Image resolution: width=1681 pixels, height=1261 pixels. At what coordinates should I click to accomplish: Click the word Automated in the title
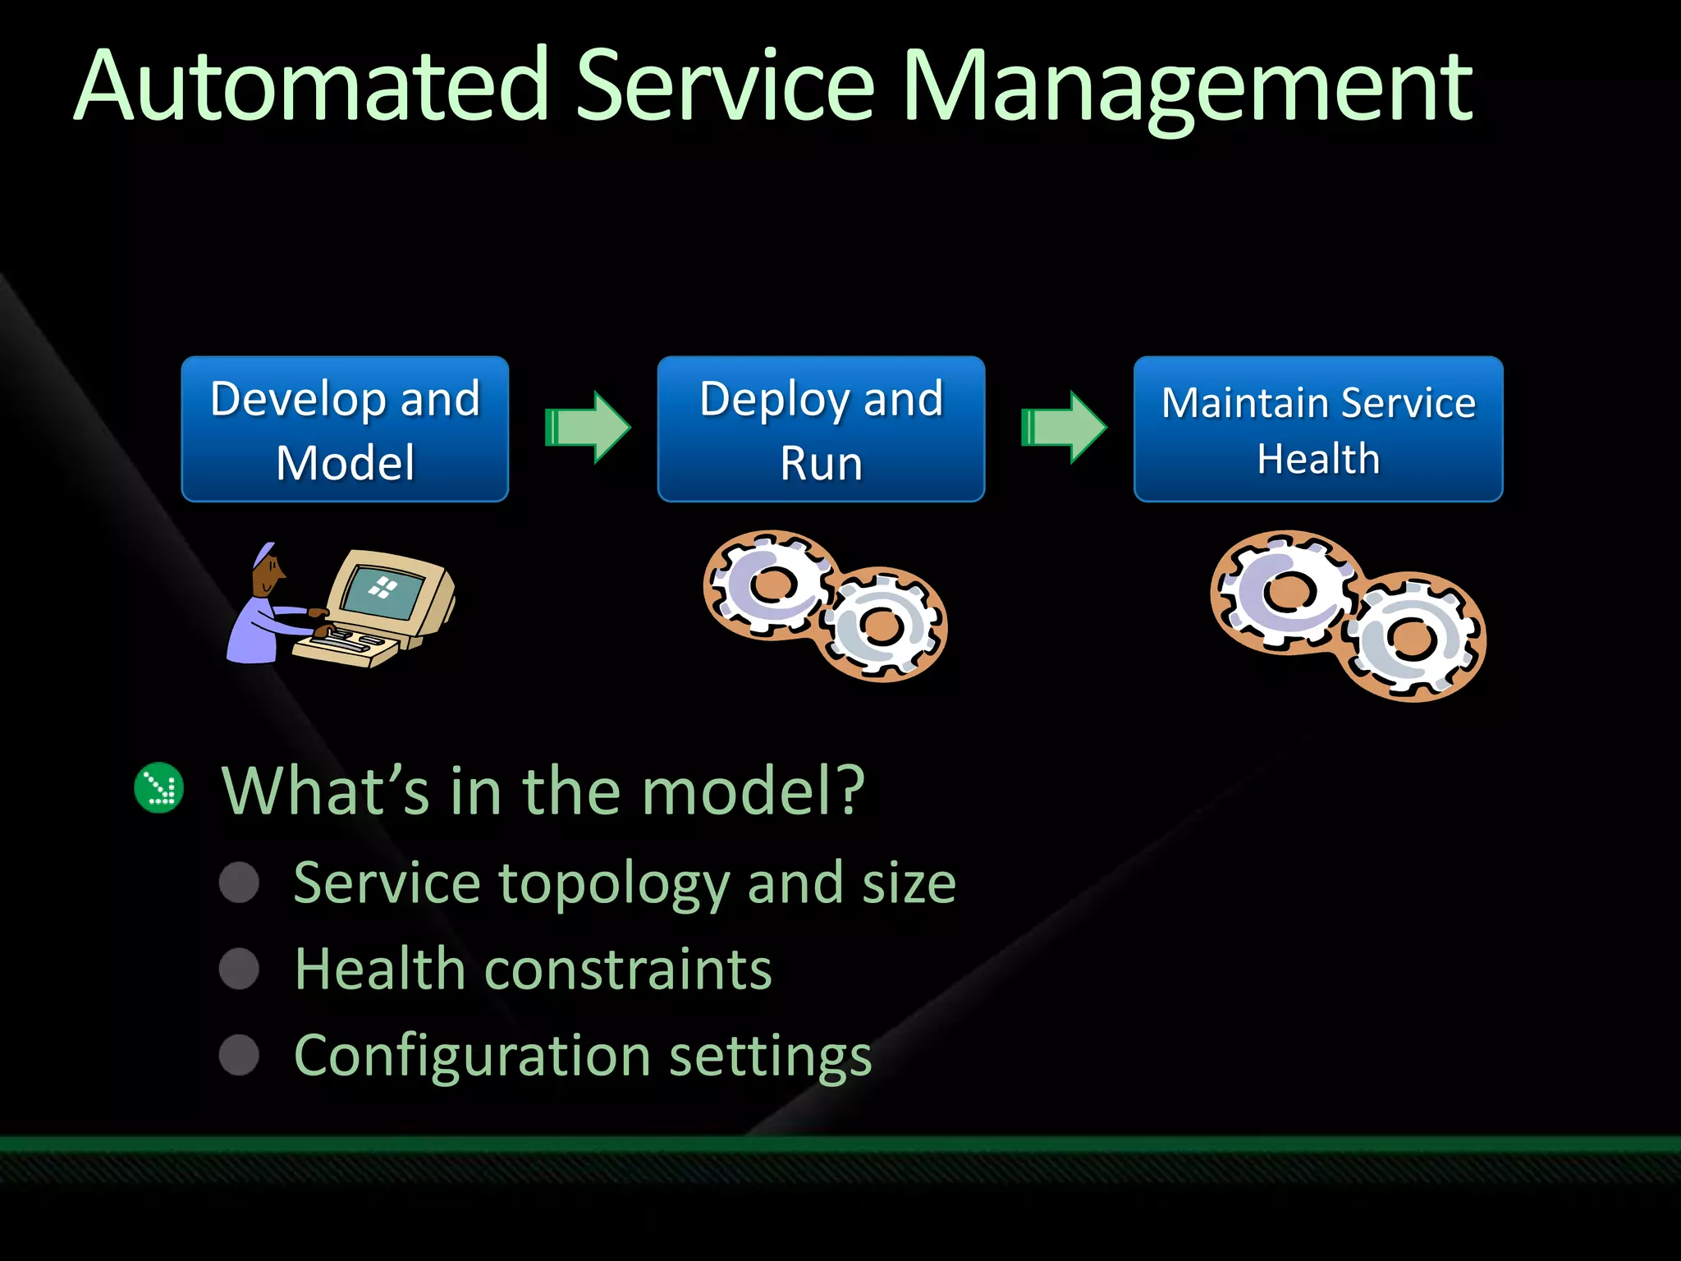pyautogui.click(x=312, y=86)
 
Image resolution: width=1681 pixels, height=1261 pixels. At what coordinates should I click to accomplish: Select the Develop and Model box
pyautogui.click(x=345, y=429)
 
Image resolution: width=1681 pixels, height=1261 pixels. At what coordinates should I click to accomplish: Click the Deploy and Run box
pyautogui.click(x=821, y=429)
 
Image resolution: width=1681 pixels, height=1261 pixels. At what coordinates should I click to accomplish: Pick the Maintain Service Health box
pyautogui.click(x=1318, y=429)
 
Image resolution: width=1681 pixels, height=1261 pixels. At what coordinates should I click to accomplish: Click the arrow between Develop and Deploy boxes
pyautogui.click(x=588, y=428)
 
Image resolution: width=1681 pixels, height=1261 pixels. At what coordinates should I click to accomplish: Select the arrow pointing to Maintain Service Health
pyautogui.click(x=1064, y=428)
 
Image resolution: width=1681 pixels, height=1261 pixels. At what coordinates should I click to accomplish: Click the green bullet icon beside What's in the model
pyautogui.click(x=158, y=788)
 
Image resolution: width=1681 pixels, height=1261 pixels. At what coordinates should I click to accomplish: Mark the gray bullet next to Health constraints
pyautogui.click(x=239, y=969)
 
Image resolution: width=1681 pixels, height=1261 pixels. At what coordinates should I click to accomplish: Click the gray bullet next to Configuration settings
pyautogui.click(x=239, y=1055)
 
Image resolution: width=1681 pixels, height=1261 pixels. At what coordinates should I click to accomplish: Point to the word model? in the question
pyautogui.click(x=751, y=790)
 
